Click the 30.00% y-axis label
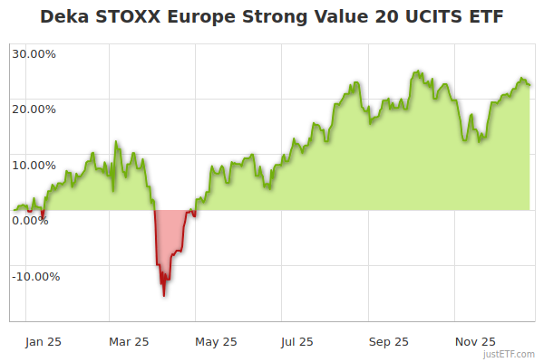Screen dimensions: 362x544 point(34,53)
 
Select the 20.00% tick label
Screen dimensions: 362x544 point(34,110)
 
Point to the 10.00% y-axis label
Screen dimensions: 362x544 point(34,166)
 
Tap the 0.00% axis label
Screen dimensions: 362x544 point(31,221)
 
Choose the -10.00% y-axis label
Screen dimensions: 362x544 point(35,277)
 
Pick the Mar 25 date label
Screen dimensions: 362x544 point(128,342)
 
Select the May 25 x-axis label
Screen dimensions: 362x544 point(216,342)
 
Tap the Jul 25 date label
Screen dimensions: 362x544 point(298,342)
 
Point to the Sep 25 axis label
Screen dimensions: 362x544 point(388,342)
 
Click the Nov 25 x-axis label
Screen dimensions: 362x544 point(475,342)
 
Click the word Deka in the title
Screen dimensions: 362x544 point(63,17)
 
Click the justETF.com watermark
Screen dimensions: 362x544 point(510,354)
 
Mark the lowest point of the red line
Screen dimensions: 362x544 point(164,296)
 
